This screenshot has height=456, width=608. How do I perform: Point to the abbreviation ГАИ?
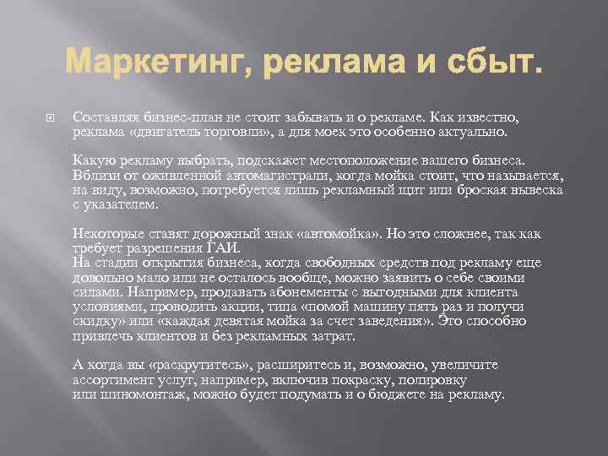[224, 248]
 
